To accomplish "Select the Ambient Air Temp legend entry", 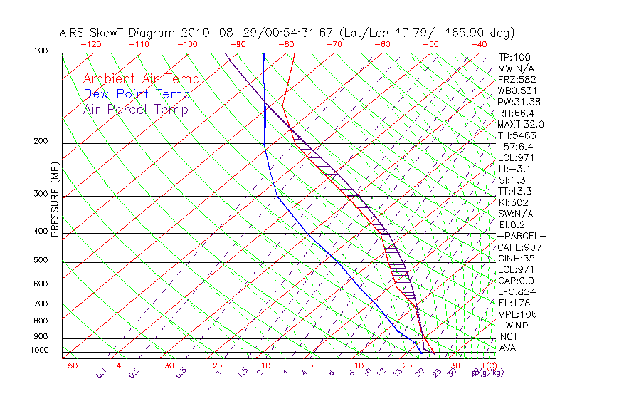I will [x=141, y=80].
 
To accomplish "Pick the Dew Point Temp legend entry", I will [x=137, y=95].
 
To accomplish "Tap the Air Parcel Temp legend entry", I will [x=135, y=110].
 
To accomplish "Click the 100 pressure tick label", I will [x=41, y=51].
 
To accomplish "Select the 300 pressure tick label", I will [x=41, y=194].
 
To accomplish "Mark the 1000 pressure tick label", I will [x=39, y=351].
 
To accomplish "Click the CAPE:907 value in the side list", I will [x=517, y=247].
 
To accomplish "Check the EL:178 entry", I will [x=514, y=303].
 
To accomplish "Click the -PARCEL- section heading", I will [x=522, y=236].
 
